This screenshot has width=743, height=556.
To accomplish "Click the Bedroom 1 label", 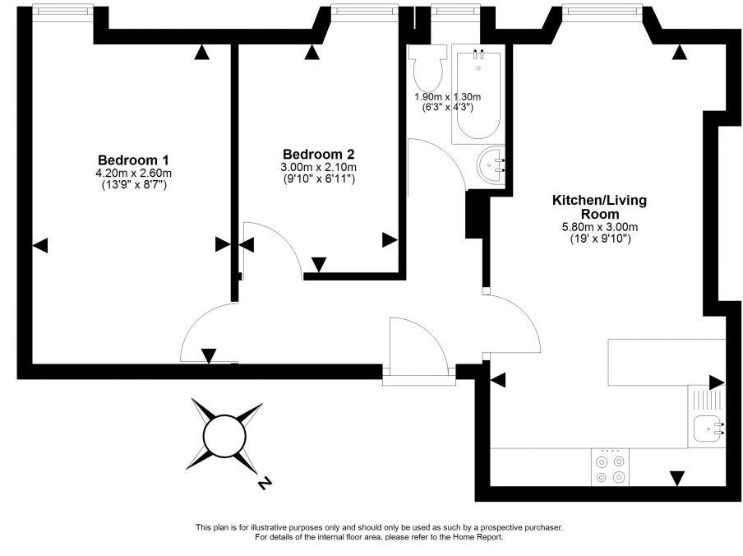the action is point(133,160).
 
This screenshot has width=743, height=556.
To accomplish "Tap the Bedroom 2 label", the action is point(318,154).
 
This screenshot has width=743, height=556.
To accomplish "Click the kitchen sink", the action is point(708,427).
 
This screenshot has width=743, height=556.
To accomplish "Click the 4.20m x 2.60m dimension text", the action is point(133,173).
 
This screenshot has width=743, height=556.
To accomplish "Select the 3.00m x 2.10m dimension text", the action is point(318,167).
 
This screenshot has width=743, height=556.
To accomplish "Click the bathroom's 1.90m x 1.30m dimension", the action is point(447,96).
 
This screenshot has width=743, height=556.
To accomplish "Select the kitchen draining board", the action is point(707,401).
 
